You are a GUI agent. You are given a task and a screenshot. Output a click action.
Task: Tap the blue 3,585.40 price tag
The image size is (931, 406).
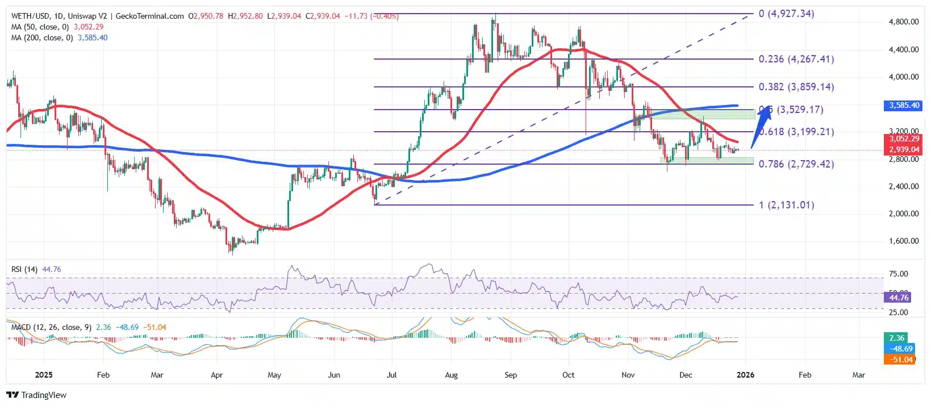[x=904, y=106]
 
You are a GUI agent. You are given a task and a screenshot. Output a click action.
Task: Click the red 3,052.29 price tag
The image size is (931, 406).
[x=904, y=139]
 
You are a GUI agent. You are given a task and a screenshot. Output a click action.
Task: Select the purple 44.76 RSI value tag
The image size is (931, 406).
[x=899, y=298]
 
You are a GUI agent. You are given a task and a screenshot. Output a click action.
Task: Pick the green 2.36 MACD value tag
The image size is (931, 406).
[x=896, y=338]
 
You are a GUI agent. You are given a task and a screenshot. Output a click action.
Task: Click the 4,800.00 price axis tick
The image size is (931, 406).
[x=903, y=22]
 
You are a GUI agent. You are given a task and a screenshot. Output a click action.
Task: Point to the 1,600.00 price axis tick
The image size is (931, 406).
[x=903, y=241]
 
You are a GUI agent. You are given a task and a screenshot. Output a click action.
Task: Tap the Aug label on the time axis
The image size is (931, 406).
[x=451, y=375]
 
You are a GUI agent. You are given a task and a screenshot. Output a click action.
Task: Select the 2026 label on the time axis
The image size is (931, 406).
[x=745, y=375]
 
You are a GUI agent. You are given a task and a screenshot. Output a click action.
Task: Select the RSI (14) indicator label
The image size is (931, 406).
[x=24, y=269]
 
